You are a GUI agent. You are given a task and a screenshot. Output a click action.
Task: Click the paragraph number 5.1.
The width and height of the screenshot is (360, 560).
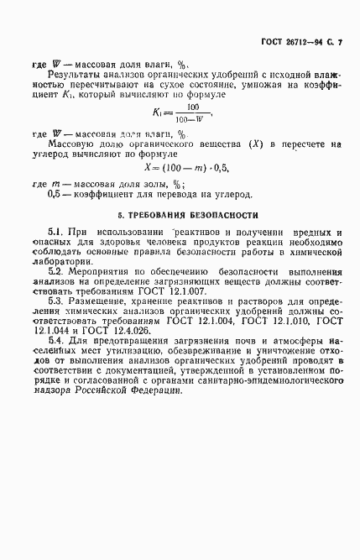pos(58,231)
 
